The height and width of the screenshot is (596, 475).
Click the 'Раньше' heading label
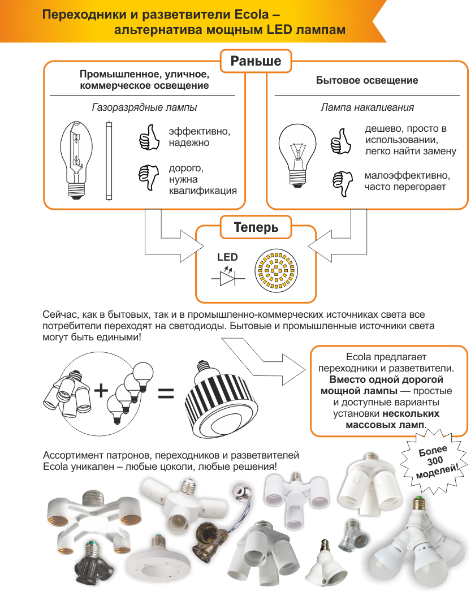256,61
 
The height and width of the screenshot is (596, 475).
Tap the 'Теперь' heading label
256,227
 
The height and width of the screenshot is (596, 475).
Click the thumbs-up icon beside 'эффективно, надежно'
149,137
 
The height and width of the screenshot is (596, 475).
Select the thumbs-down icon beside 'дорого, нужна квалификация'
149,178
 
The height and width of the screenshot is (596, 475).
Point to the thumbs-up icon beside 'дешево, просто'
340,141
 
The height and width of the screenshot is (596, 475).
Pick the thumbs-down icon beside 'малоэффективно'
343,184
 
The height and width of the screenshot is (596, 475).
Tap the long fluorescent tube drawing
109,161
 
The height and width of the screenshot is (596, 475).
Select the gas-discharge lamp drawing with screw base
76,160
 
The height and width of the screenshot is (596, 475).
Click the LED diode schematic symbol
228,276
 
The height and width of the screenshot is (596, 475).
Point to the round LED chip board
277,270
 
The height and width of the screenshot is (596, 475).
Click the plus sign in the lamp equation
101,390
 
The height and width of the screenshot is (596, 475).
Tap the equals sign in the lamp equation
166,393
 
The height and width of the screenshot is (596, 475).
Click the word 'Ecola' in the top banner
252,15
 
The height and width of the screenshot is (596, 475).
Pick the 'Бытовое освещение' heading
367,80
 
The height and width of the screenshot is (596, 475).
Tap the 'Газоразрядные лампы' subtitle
144,107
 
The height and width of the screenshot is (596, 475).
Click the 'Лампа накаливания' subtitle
367,107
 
